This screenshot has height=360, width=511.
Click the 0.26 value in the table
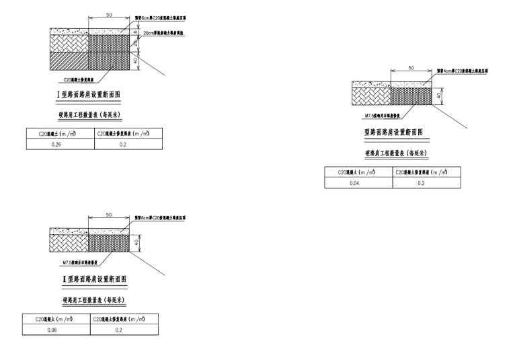[x=56, y=145]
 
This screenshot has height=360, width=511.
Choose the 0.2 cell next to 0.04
[x=421, y=183]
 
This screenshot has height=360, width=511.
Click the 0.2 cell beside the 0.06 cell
[x=120, y=330]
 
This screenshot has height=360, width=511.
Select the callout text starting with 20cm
[x=164, y=32]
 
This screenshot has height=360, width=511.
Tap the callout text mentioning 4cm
[x=463, y=70]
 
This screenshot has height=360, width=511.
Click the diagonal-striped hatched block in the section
[x=69, y=60]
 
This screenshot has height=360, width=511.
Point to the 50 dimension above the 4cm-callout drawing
[x=410, y=67]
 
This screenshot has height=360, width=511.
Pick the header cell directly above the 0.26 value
[x=56, y=133]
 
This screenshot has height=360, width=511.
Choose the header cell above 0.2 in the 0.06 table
[x=120, y=319]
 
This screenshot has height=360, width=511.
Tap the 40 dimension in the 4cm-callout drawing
[x=439, y=95]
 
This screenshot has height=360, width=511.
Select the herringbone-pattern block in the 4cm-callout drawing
[x=372, y=96]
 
